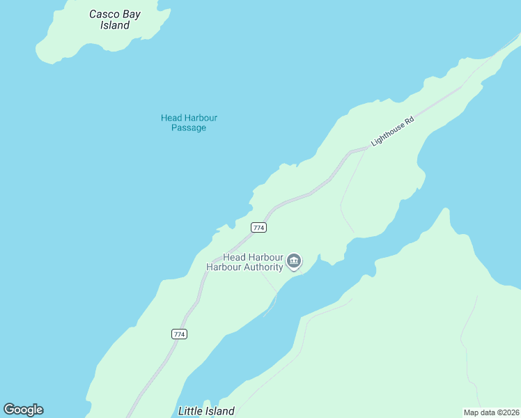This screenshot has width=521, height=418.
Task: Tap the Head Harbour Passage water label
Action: pyautogui.click(x=189, y=123)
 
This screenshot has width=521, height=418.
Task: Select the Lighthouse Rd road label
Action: pyautogui.click(x=393, y=131)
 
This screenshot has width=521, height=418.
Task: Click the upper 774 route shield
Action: pyautogui.click(x=258, y=228)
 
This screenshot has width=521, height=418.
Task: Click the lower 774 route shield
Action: pyautogui.click(x=179, y=334)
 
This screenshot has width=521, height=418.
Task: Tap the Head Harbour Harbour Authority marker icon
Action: pyautogui.click(x=294, y=262)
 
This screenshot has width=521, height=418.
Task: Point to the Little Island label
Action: pyautogui.click(x=206, y=411)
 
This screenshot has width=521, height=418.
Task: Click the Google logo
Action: pyautogui.click(x=23, y=410)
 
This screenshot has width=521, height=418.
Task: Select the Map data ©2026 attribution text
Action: pyautogui.click(x=491, y=412)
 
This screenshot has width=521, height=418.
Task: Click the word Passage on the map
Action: pyautogui.click(x=189, y=128)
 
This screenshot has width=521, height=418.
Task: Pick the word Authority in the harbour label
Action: pyautogui.click(x=263, y=267)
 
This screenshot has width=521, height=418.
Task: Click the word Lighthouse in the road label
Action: pyautogui.click(x=388, y=134)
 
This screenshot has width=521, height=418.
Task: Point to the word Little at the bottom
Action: pyautogui.click(x=191, y=411)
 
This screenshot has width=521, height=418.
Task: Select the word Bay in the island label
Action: pyautogui.click(x=133, y=14)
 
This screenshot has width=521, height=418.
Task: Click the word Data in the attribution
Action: pyautogui.click(x=488, y=412)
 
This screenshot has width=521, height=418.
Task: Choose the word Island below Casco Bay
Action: pyautogui.click(x=115, y=26)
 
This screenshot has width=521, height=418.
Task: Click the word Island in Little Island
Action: pyautogui.click(x=220, y=411)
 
